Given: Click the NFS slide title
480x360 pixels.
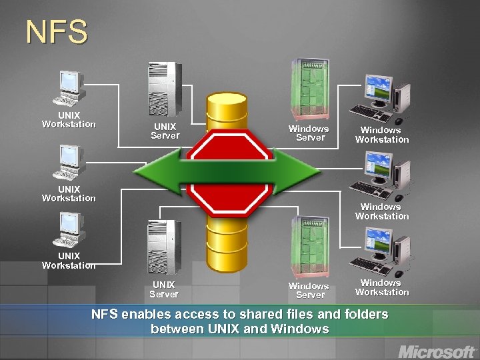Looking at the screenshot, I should point(57,32).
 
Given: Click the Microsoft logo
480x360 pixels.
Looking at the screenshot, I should point(436,351).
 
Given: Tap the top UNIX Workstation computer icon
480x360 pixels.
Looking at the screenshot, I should point(71,87).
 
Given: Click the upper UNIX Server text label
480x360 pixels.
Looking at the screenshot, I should point(165,131).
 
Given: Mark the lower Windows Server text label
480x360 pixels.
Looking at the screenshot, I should point(308,290).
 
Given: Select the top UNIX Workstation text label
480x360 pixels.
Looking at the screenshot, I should point(69,119).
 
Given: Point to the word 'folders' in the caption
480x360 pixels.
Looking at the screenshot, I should point(364,314).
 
